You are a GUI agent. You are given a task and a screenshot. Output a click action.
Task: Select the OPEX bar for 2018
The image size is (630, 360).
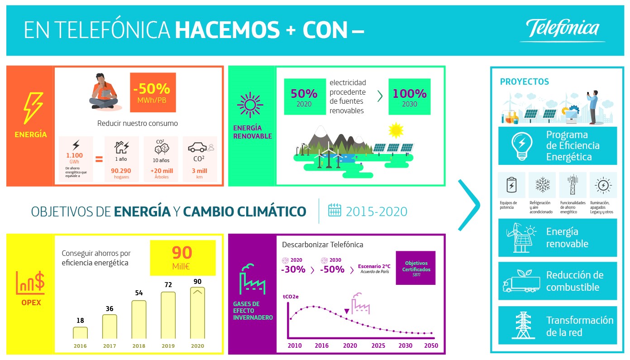[x=139, y=319]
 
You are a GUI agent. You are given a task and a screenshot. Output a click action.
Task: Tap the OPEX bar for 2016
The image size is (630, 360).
[x=80, y=333]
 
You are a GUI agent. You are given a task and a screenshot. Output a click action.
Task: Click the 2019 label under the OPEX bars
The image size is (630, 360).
[x=168, y=346]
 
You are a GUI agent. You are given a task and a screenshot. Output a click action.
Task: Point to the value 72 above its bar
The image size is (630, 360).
[x=168, y=284]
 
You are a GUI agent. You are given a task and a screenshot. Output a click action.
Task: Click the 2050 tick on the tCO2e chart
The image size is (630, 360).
[x=431, y=346]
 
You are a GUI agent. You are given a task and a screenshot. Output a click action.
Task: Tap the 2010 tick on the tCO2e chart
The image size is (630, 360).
[x=295, y=346]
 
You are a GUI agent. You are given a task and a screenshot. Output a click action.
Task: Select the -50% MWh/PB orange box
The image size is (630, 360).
[x=153, y=92]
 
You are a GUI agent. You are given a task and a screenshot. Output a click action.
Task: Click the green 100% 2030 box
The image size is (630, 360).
[x=410, y=96]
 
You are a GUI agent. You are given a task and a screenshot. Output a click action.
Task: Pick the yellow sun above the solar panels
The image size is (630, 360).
[x=396, y=130]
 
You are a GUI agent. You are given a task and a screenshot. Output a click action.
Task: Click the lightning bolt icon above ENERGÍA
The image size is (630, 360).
[x=33, y=108]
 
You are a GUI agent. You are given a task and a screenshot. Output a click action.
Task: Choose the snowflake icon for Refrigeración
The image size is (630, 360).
[x=543, y=185]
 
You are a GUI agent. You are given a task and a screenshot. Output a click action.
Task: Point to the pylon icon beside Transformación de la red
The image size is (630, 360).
[x=523, y=325]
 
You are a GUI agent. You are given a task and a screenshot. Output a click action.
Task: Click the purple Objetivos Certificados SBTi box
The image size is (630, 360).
[x=415, y=268]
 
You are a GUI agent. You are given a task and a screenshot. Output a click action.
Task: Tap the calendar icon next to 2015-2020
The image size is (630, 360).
[x=334, y=210]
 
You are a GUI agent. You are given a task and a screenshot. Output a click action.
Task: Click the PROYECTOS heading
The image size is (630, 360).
[x=524, y=82]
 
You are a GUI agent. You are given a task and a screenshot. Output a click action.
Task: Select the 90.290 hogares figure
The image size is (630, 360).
[x=121, y=171]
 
